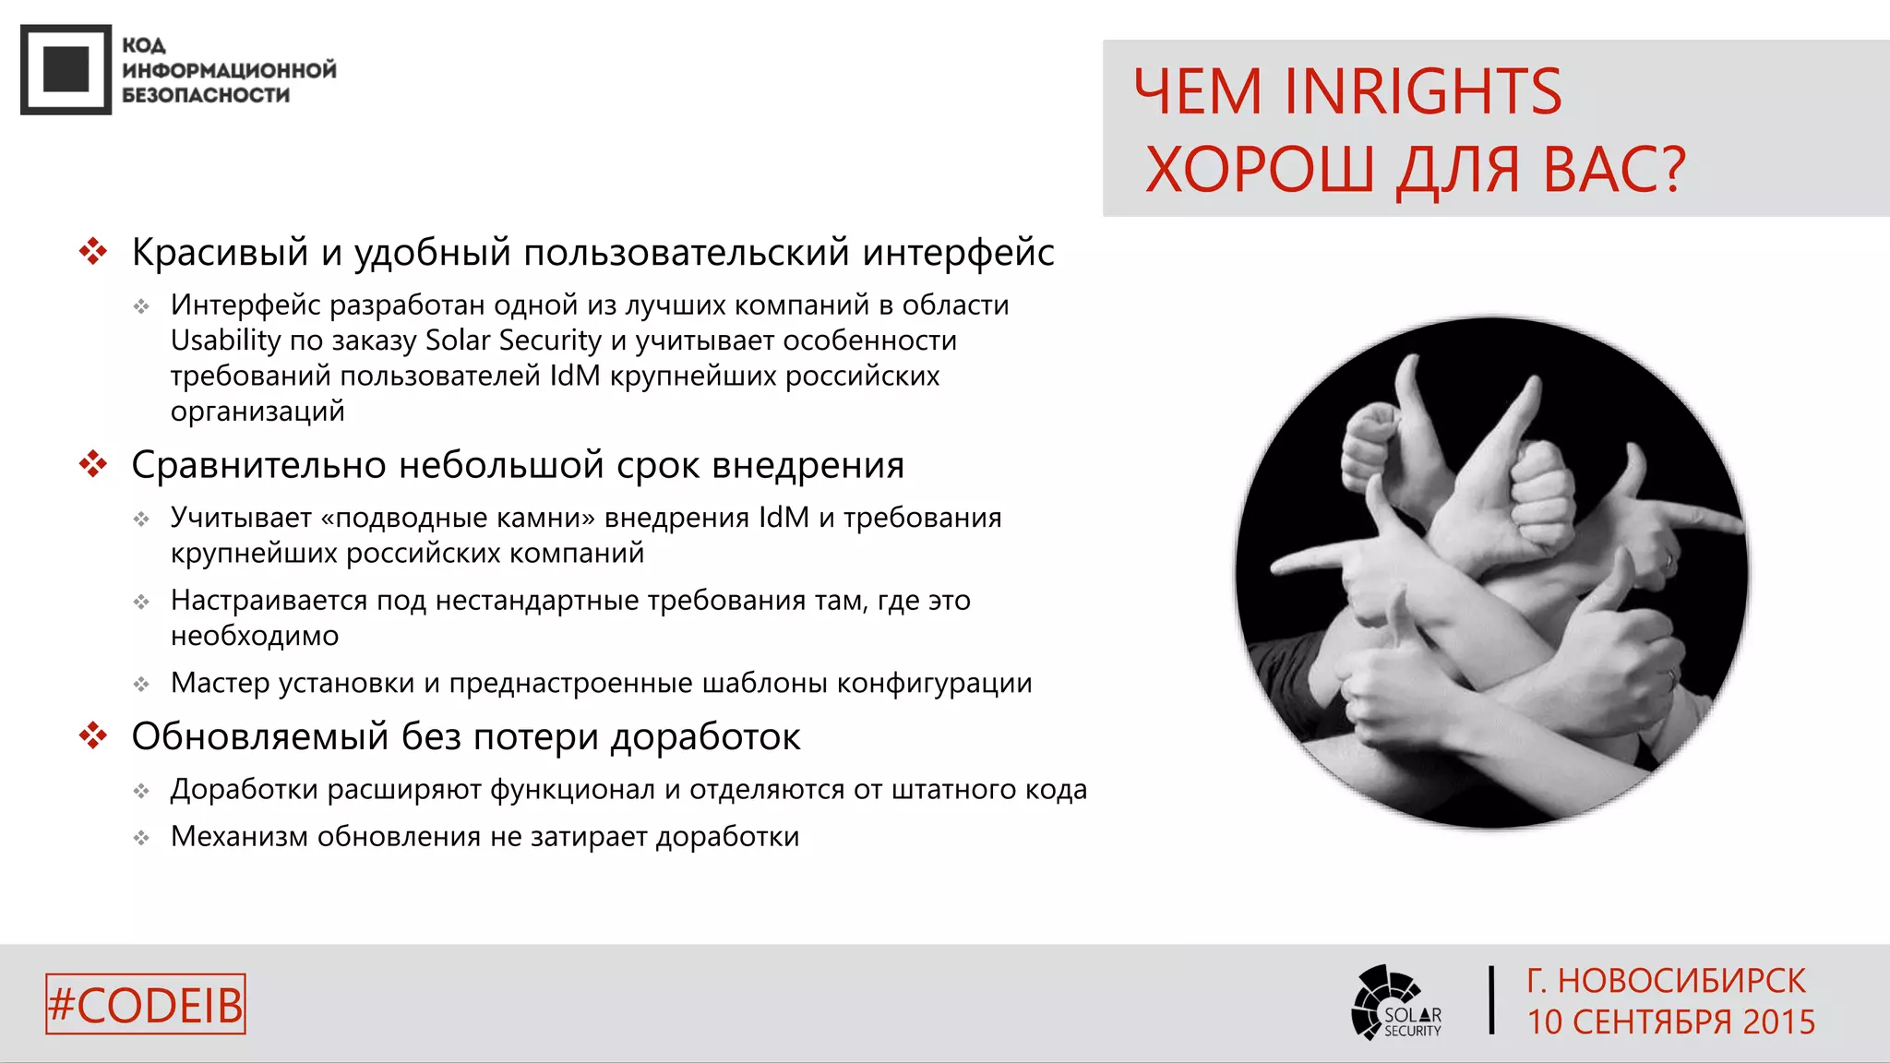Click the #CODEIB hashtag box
(146, 1004)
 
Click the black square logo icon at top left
(66, 69)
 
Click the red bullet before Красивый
(93, 251)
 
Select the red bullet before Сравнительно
(93, 464)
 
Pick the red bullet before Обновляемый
(93, 735)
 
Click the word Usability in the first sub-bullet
(225, 340)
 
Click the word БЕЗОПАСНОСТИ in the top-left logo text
(206, 95)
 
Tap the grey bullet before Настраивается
(141, 603)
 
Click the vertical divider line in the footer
(1491, 999)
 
